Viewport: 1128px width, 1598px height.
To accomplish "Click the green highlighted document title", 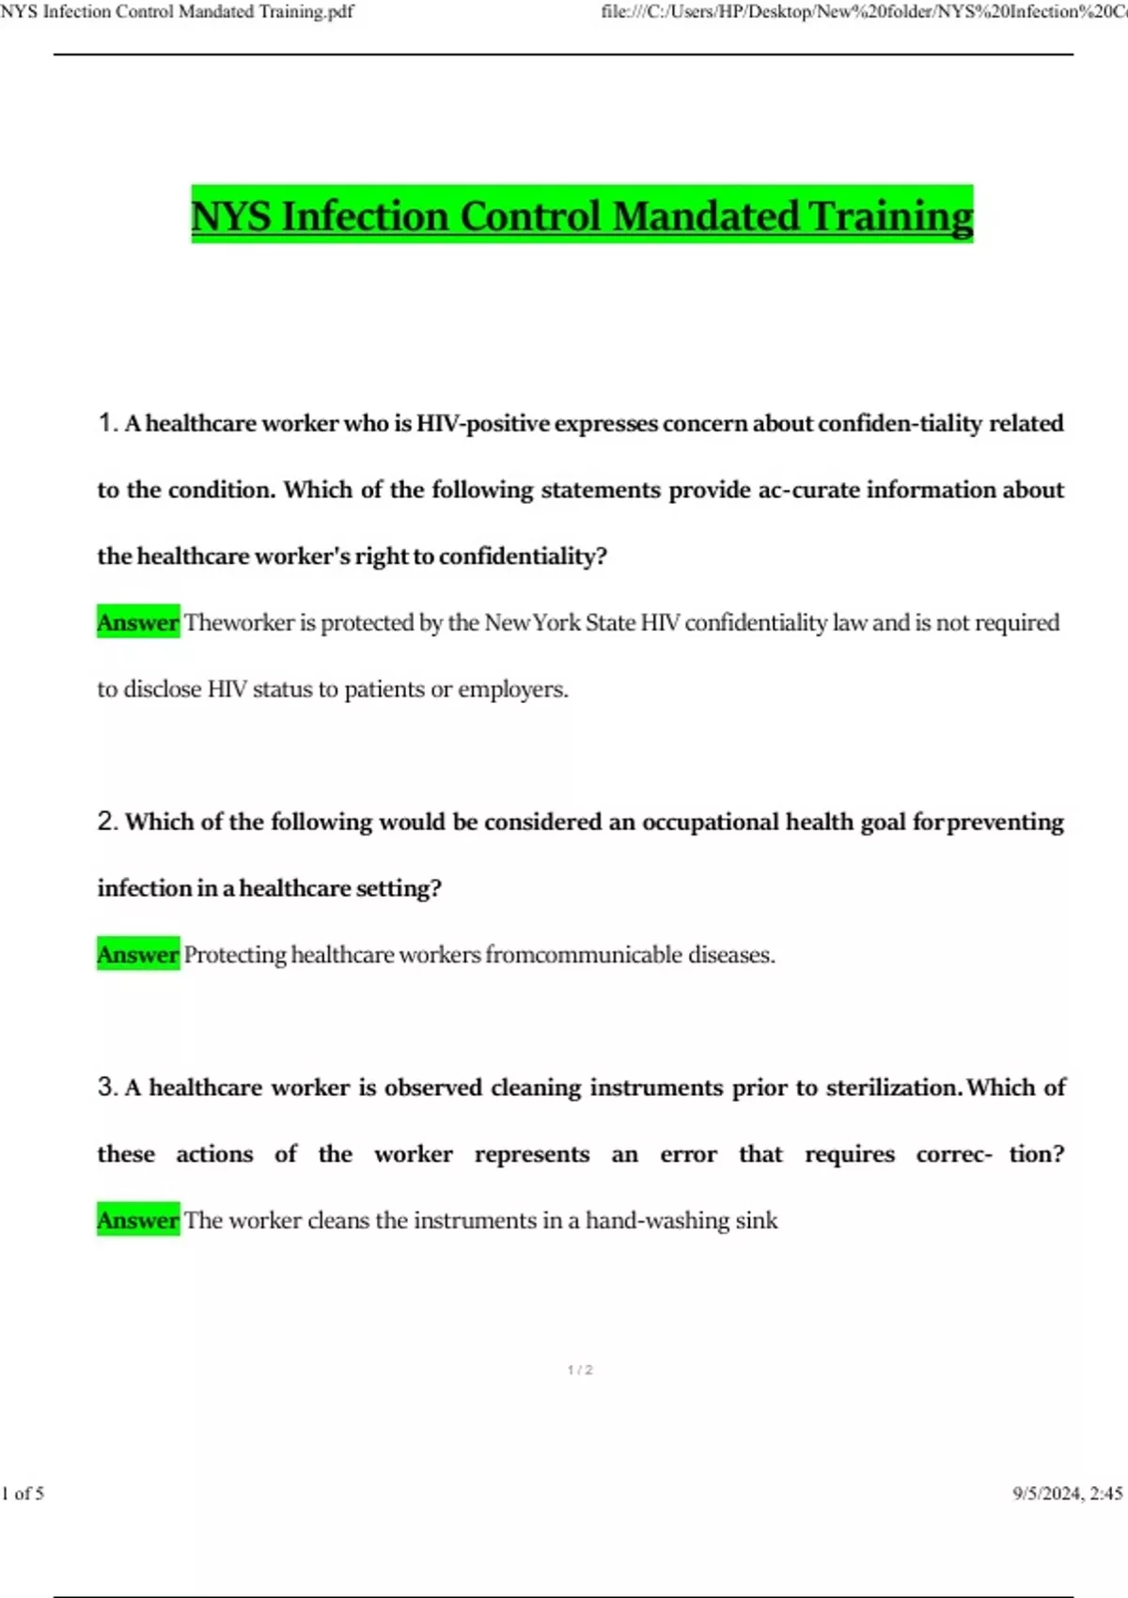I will pyautogui.click(x=582, y=215).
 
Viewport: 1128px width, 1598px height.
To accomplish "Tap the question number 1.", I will pyautogui.click(x=106, y=423).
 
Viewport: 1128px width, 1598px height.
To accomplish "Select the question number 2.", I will pyautogui.click(x=106, y=822).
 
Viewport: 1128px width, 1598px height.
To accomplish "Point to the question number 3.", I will pyautogui.click(x=106, y=1088).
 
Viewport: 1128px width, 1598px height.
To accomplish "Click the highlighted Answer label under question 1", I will pyautogui.click(x=138, y=622).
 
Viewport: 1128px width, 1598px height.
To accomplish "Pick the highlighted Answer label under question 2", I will pyautogui.click(x=138, y=955).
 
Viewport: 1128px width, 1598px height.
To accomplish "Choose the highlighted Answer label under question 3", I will pyautogui.click(x=138, y=1220).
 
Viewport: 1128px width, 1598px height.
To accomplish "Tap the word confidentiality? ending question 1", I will pyautogui.click(x=523, y=556).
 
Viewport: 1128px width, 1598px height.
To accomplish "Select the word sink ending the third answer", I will pyautogui.click(x=757, y=1220).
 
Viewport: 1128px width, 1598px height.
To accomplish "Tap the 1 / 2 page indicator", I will pyautogui.click(x=580, y=1370).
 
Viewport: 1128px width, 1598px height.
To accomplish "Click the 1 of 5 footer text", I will pyautogui.click(x=23, y=1493).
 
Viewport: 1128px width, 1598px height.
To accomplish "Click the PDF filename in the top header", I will pyautogui.click(x=177, y=11).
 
